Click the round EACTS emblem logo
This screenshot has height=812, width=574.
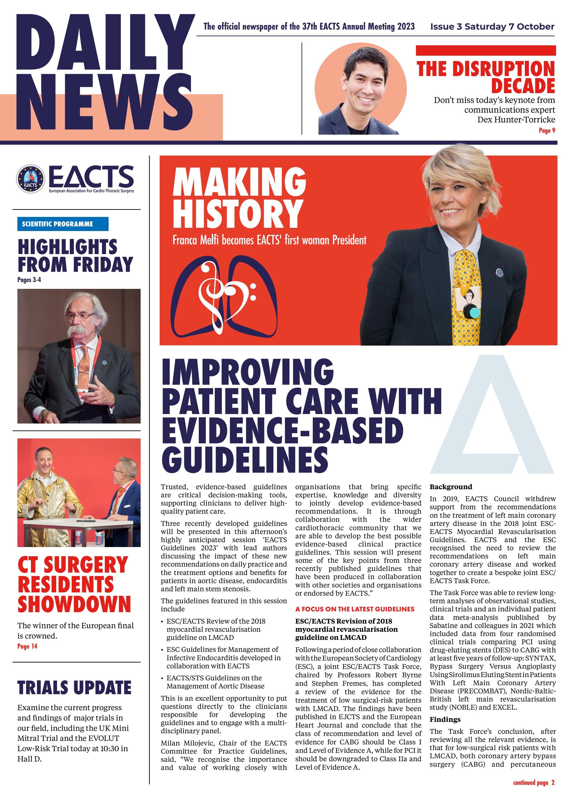coord(31,179)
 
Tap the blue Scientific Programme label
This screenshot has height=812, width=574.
coord(63,224)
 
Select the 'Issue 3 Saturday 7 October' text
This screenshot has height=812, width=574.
coord(492,27)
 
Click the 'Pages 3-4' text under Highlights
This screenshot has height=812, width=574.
coord(29,280)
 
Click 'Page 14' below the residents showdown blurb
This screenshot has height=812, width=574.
coord(27,646)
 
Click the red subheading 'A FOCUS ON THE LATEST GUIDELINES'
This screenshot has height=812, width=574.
coord(354,609)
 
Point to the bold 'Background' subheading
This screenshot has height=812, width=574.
coord(450,487)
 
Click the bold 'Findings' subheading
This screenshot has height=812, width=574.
coord(445,719)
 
